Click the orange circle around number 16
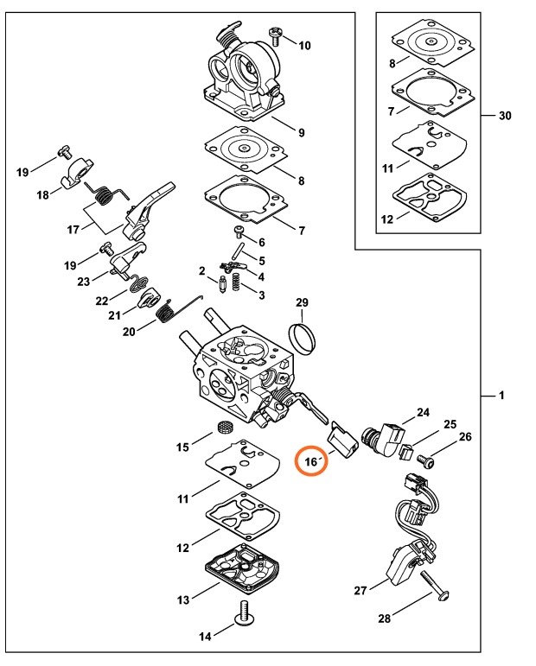(313, 461)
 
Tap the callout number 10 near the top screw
(304, 45)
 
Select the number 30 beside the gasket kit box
(505, 116)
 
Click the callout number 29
(302, 302)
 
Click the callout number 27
(361, 590)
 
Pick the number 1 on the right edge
(501, 396)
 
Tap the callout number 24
(423, 413)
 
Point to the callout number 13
(182, 599)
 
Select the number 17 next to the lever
(73, 229)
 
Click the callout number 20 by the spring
(129, 331)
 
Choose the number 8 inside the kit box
(392, 63)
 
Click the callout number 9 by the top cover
(301, 132)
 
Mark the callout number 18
(42, 196)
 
